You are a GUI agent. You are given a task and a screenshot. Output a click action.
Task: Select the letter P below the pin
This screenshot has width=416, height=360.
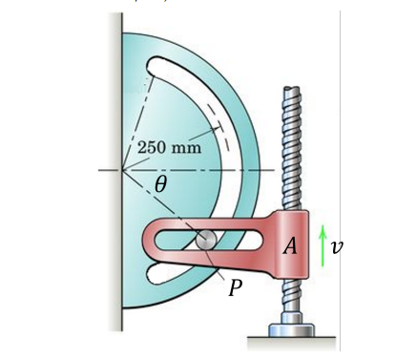click(235, 289)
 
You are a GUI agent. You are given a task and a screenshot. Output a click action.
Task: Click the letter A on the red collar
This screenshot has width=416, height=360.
click(291, 245)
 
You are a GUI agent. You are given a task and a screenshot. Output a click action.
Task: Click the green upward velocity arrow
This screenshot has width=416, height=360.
click(322, 245)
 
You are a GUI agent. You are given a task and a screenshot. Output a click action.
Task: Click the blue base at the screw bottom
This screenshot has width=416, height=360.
click(292, 329)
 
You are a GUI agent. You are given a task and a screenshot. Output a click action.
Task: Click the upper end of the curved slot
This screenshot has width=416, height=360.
click(156, 68)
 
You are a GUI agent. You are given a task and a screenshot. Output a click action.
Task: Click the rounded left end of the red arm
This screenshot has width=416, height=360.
click(152, 243)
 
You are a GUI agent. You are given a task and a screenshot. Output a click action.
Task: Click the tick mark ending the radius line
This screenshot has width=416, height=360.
click(218, 125)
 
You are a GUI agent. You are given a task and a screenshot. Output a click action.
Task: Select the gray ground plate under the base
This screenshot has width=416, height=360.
click(292, 342)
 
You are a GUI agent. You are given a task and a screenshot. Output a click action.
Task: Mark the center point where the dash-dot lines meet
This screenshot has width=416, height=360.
click(123, 171)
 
